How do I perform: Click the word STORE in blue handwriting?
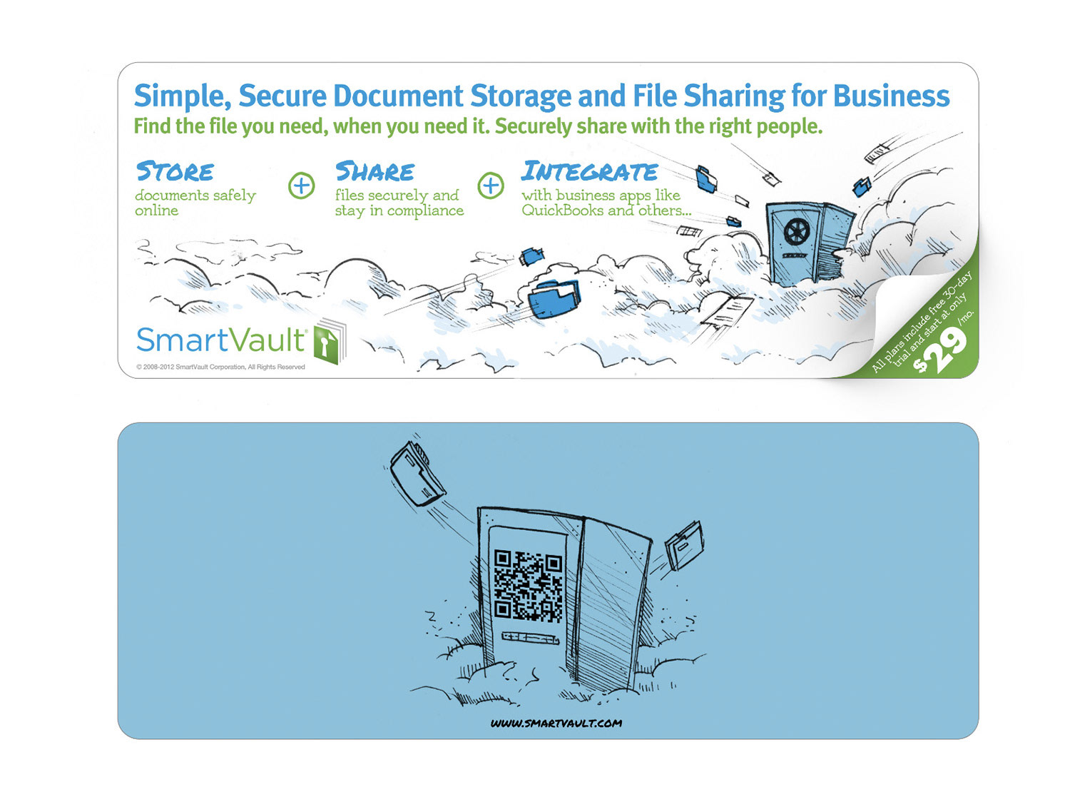pos(175,171)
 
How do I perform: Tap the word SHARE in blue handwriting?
pos(374,171)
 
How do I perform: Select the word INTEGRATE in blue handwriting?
pos(589,171)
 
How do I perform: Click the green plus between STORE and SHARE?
pos(301,186)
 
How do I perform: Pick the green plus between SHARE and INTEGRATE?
pos(491,186)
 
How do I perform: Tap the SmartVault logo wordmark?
pos(221,340)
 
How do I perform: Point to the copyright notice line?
pos(220,367)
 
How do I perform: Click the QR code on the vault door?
pos(529,584)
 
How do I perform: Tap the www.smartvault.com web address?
pos(556,723)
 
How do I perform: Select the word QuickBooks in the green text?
pos(562,210)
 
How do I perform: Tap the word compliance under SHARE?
pos(425,211)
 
